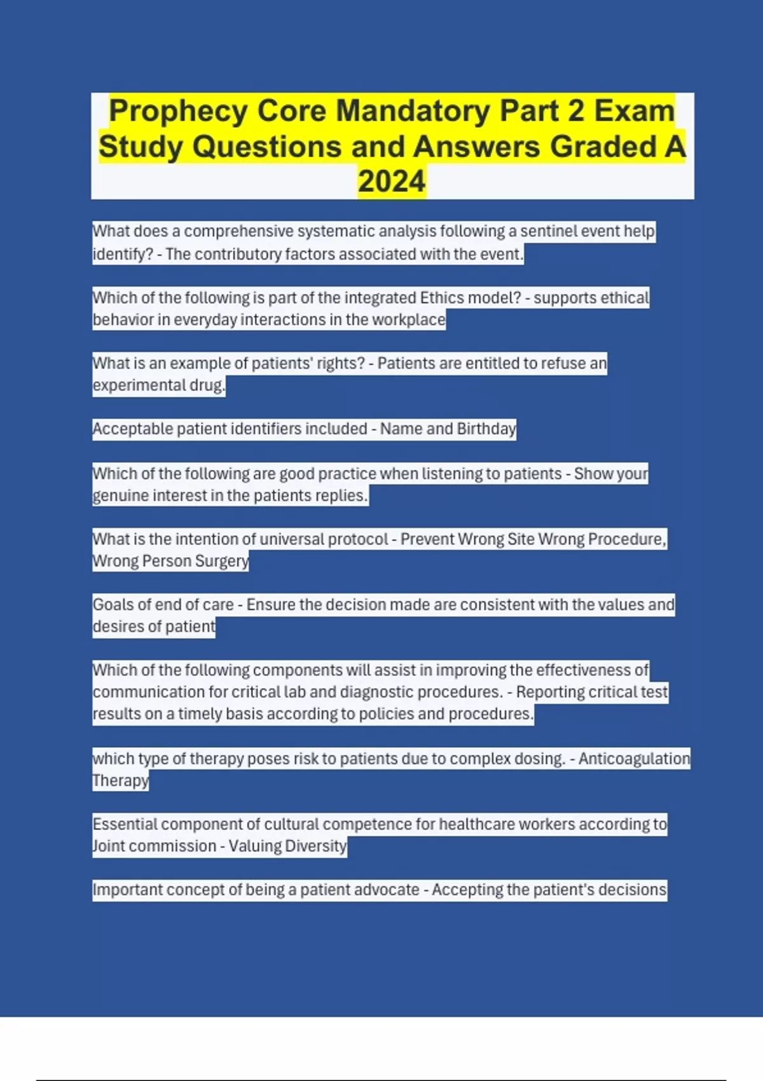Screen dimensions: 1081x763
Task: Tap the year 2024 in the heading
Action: (x=391, y=182)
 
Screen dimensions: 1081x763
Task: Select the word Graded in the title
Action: (x=603, y=147)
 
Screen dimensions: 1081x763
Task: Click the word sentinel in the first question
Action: (x=547, y=231)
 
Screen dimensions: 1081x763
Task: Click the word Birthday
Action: (x=486, y=429)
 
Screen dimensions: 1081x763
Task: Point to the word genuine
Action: (x=120, y=495)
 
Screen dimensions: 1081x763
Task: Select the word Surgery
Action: (x=222, y=561)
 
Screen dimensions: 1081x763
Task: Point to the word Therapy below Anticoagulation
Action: (x=120, y=780)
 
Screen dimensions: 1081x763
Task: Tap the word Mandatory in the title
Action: (x=413, y=111)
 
